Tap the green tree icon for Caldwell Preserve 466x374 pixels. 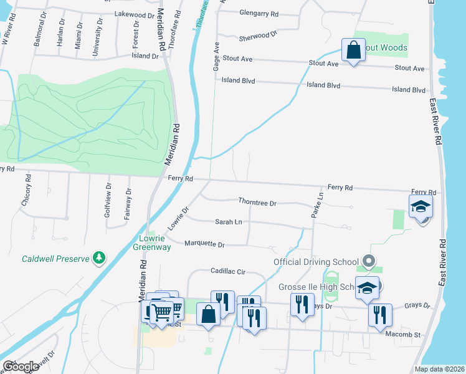pyautogui.click(x=98, y=257)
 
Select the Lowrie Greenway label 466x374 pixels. pyautogui.click(x=151, y=242)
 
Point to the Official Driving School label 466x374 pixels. pyautogui.click(x=316, y=262)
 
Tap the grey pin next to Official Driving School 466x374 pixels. pyautogui.click(x=369, y=261)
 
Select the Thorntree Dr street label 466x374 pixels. pyautogui.click(x=257, y=202)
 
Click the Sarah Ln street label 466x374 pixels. pyautogui.click(x=229, y=222)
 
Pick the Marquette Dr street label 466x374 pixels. pyautogui.click(x=204, y=244)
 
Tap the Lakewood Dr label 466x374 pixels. pyautogui.click(x=134, y=14)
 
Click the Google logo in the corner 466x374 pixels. pyautogui.click(x=20, y=367)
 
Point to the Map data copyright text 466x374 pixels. pyautogui.click(x=439, y=369)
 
